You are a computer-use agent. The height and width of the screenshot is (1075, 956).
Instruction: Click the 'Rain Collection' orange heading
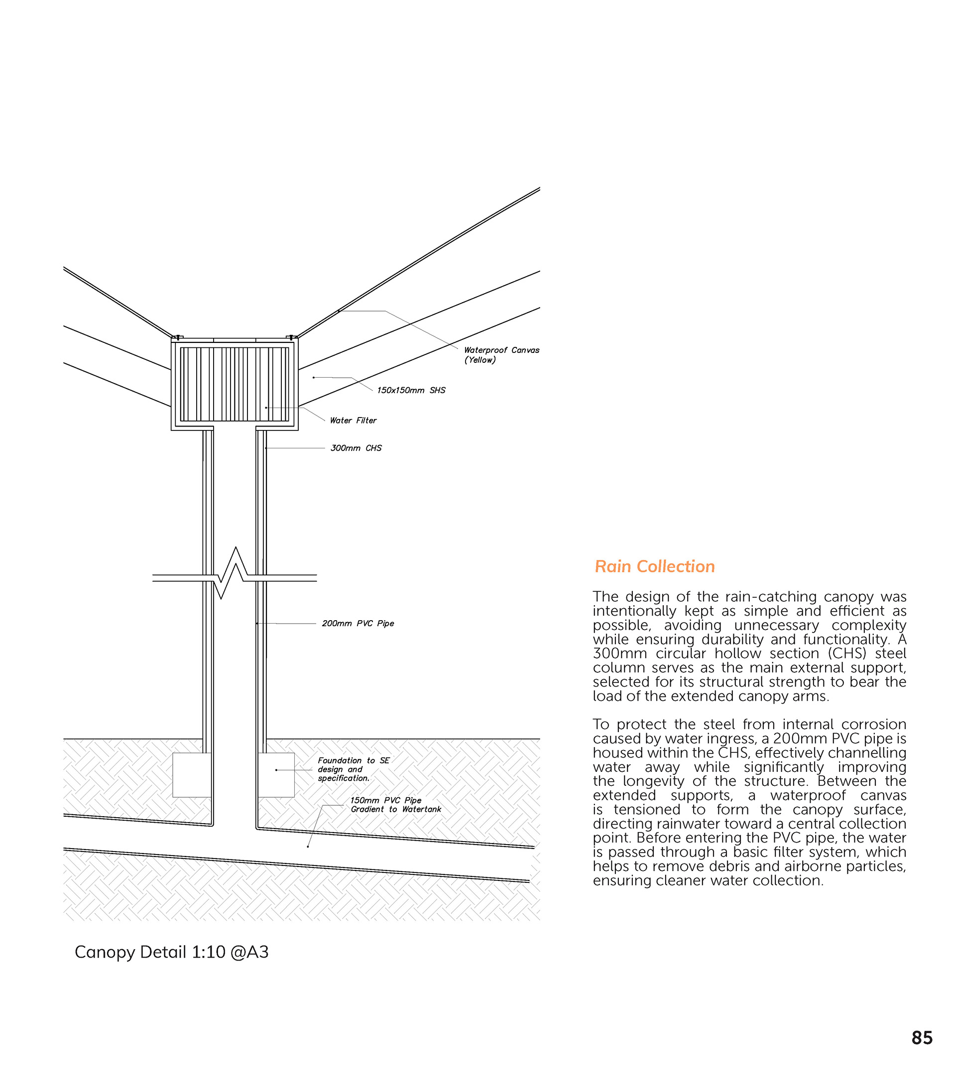[x=655, y=566]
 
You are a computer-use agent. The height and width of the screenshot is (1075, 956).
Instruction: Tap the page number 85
[x=922, y=1038]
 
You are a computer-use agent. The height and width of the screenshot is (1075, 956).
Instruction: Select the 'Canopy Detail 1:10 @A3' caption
[x=171, y=952]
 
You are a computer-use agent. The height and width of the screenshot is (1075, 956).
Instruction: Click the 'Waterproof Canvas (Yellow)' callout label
[x=501, y=355]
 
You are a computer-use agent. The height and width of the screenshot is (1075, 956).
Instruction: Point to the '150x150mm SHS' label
[x=411, y=390]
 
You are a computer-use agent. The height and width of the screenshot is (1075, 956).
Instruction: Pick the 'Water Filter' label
[x=353, y=420]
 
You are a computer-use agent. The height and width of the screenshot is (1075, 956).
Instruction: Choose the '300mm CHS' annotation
[x=356, y=448]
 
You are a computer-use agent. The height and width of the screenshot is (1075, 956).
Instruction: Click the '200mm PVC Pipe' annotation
[x=358, y=623]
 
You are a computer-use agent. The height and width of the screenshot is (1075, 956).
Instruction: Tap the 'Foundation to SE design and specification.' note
[x=353, y=769]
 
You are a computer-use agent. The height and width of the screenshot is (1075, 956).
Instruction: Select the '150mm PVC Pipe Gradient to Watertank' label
[x=396, y=805]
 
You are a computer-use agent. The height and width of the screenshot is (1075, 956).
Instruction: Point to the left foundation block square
[x=192, y=775]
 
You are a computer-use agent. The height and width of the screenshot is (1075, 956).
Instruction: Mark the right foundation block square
[x=276, y=775]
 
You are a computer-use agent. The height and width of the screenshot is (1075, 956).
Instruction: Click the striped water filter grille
[x=235, y=384]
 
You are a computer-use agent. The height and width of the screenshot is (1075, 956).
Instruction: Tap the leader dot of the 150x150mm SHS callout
[x=314, y=378]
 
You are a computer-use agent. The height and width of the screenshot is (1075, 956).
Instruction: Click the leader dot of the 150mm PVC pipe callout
[x=308, y=847]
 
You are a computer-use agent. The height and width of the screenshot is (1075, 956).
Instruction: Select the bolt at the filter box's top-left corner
[x=177, y=337]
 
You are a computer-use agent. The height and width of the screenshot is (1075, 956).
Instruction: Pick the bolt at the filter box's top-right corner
[x=291, y=337]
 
